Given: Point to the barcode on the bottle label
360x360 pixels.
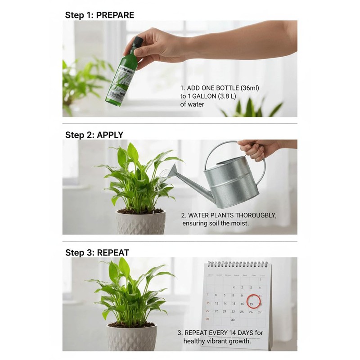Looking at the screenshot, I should point(116,95).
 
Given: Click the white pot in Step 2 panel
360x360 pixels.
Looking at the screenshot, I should point(140,222).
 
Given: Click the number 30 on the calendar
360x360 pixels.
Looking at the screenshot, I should point(233,320).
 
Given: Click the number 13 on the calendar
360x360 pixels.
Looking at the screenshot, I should point(216,303).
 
